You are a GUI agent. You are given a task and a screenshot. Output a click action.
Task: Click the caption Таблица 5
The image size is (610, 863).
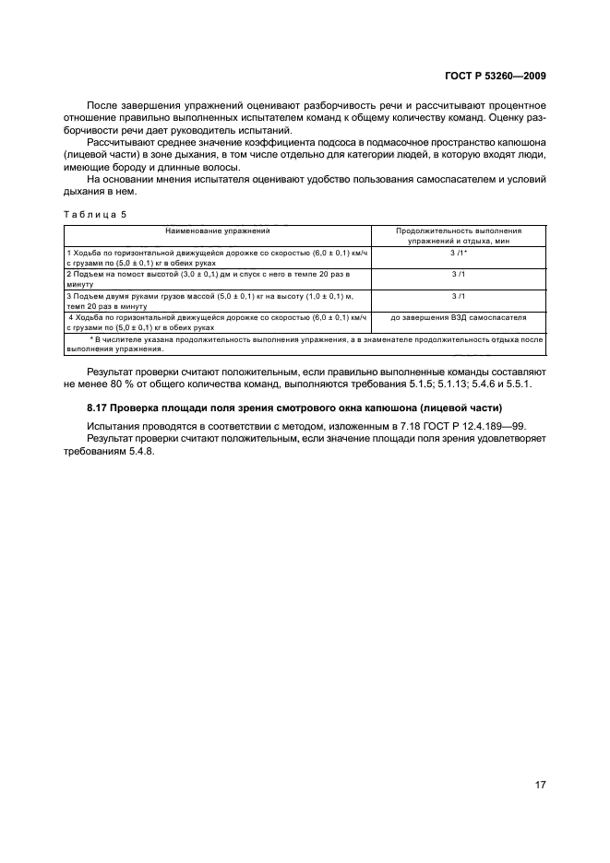[95, 214]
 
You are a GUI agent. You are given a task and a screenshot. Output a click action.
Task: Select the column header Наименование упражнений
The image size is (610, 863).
[218, 231]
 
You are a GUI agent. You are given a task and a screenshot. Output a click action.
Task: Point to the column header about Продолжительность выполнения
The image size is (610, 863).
[459, 235]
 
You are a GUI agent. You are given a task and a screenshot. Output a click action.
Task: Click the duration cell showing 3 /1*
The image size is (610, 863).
[459, 252]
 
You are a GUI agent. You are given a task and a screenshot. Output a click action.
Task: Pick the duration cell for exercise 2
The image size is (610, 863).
[459, 274]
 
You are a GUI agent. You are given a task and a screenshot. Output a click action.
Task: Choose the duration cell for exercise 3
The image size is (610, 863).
[459, 296]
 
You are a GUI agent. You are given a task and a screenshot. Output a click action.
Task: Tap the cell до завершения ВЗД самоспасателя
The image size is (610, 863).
[459, 317]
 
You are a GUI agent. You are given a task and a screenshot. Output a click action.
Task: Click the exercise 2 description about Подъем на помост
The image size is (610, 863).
[217, 278]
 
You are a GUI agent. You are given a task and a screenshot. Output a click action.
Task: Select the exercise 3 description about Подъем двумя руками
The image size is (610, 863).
[217, 301]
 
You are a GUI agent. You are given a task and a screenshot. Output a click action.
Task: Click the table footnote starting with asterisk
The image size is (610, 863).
[305, 344]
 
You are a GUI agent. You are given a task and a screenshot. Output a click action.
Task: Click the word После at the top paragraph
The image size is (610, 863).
[102, 106]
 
